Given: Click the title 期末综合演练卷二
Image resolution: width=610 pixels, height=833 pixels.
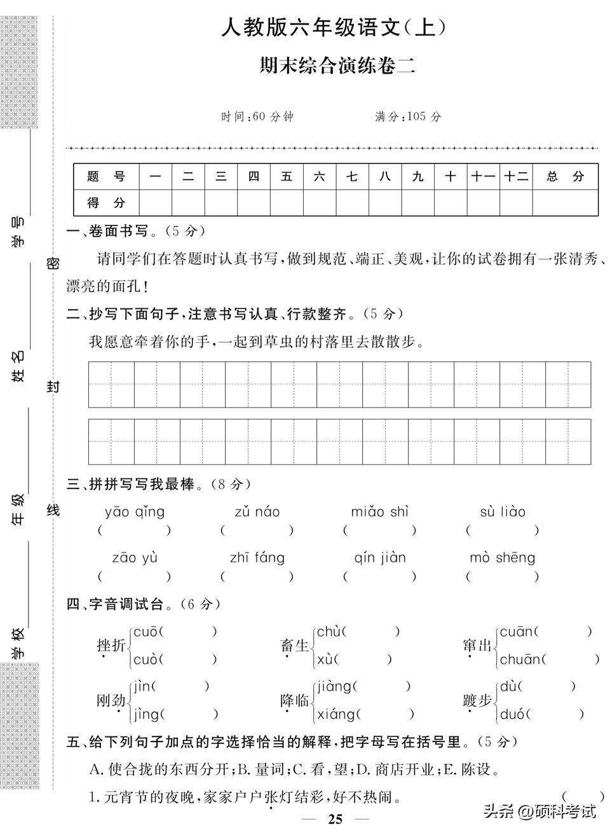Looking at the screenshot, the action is coord(337,65).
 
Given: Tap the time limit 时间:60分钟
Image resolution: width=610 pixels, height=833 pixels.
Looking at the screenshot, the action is coord(257,116).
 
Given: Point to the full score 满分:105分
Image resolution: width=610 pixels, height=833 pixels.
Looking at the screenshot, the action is coord(408,116).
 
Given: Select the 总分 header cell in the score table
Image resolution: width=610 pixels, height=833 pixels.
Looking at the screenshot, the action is coord(565,176).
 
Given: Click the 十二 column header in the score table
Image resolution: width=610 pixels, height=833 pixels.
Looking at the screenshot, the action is coord(516,176).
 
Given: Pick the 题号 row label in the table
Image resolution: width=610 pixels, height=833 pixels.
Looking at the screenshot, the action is coord(106,176).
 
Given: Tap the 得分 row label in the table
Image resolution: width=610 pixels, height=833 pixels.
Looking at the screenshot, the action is coord(106,203).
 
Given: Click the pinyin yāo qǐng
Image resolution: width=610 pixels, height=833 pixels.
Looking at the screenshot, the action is coord(135,512).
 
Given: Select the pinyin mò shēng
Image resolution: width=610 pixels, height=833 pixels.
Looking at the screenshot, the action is coord(502,558).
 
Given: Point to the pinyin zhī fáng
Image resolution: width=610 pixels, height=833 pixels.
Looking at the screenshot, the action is coord(257,558).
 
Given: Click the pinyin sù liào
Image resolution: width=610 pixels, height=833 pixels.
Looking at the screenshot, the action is coord(503,512).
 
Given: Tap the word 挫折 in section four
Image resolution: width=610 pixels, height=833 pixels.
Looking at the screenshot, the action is coord(111,645).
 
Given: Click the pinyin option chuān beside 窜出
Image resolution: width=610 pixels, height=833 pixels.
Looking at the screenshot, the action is coord(520,660).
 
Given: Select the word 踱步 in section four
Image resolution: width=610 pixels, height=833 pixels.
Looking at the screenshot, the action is coord(477,701).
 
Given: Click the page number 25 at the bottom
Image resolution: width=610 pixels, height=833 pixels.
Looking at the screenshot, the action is coord(335,819).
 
